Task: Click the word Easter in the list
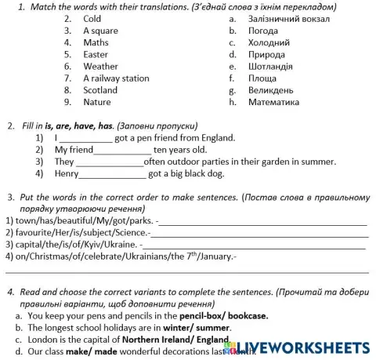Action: point(96,55)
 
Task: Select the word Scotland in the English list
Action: point(100,90)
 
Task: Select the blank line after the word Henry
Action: point(114,174)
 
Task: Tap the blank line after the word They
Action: point(110,162)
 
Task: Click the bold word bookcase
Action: point(246,315)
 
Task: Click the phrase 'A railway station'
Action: point(116,78)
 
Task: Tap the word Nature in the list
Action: point(97,102)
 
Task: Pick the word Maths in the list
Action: point(96,42)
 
